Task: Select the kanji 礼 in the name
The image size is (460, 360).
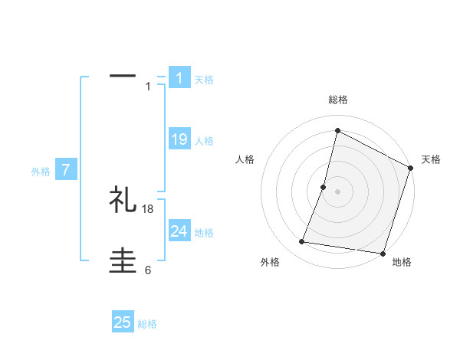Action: point(123,200)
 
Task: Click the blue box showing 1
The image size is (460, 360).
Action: point(179,78)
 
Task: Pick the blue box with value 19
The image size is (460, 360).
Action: point(179,139)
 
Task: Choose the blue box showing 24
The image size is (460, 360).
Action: point(179,231)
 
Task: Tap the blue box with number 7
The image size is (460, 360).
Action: point(66,170)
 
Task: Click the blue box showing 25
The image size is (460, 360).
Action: point(123,322)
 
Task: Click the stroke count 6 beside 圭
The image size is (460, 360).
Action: point(148,270)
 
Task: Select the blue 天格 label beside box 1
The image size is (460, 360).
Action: point(204,80)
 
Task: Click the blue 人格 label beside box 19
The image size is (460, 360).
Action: point(204,141)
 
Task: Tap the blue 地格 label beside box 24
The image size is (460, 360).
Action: point(204,233)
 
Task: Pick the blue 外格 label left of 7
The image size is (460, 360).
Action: point(41,172)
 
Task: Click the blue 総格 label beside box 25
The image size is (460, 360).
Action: point(147,324)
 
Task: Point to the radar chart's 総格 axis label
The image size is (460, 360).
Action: point(338,100)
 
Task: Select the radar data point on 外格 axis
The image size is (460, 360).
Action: point(302,242)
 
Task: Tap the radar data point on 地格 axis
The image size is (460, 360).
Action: point(381,253)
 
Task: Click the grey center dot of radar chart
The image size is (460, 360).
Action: point(337,191)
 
